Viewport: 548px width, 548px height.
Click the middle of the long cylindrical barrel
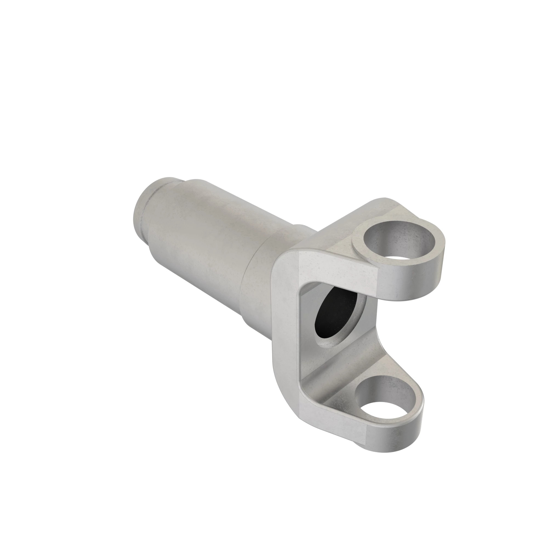click(x=204, y=241)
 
